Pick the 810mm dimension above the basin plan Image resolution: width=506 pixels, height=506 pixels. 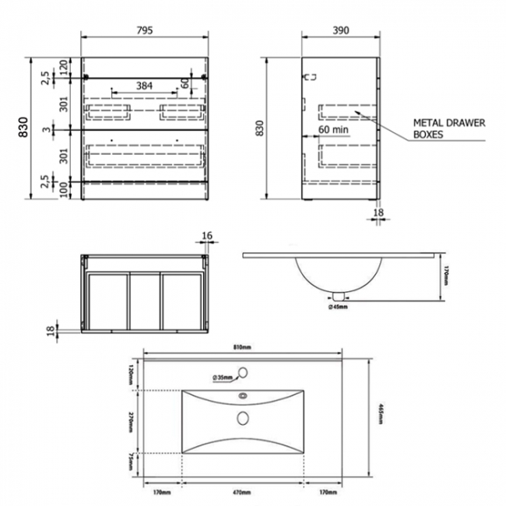click(x=241, y=346)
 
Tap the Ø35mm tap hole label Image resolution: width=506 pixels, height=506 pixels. click(x=225, y=378)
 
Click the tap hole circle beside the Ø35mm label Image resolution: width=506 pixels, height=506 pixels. click(x=244, y=372)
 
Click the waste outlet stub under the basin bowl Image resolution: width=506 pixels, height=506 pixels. click(x=339, y=295)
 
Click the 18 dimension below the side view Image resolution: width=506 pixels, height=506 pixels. click(x=379, y=211)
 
